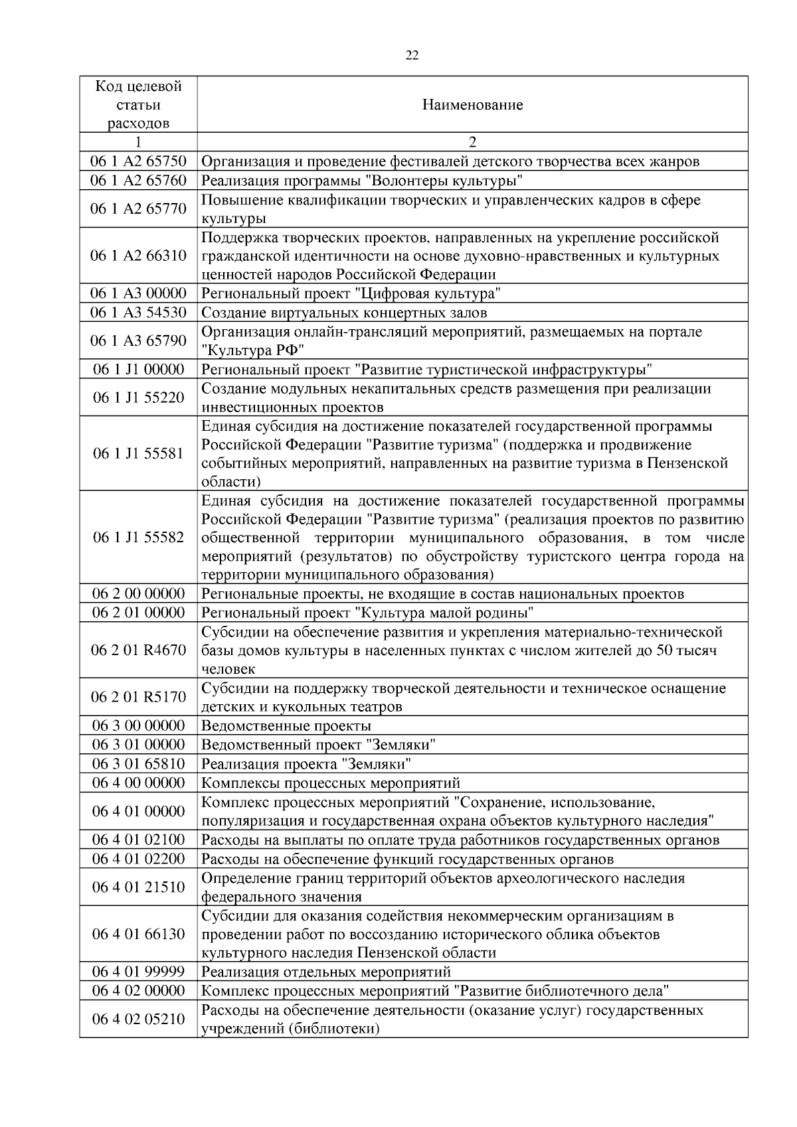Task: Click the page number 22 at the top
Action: [x=412, y=56]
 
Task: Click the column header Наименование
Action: [x=472, y=105]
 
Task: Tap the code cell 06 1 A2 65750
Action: [x=138, y=161]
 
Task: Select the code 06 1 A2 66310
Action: [x=138, y=256]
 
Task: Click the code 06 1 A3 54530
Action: [x=138, y=312]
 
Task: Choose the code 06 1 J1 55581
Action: [x=138, y=453]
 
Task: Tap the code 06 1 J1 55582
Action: [x=138, y=537]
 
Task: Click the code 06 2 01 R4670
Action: [x=138, y=650]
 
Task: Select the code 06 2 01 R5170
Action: [x=138, y=697]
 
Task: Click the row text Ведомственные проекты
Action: [x=286, y=725]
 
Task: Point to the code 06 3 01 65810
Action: [x=138, y=763]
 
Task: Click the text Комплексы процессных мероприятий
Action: [x=330, y=783]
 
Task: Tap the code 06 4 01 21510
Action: [x=138, y=887]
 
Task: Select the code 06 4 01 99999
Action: [x=138, y=972]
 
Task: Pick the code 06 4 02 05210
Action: [x=138, y=1019]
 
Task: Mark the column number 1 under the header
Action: [x=138, y=142]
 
